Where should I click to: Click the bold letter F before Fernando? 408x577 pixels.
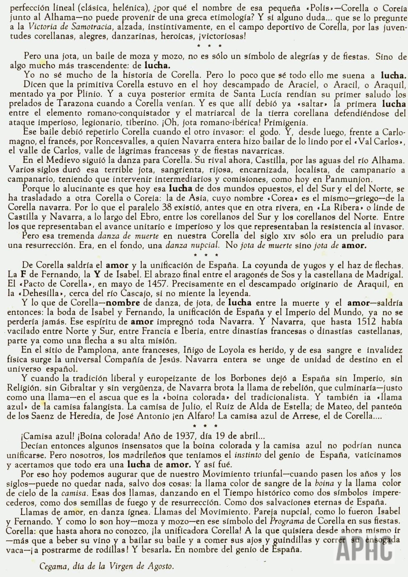click(x=23, y=274)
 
